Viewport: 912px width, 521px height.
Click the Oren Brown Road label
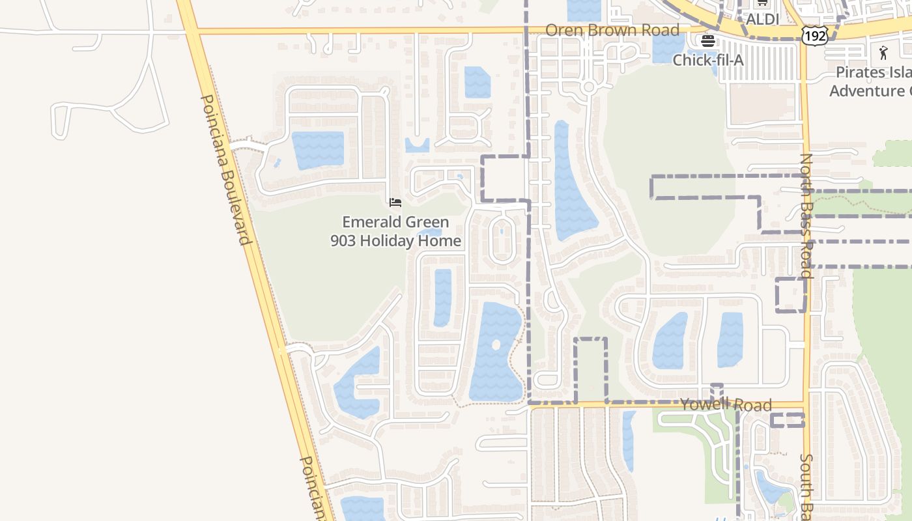tap(612, 30)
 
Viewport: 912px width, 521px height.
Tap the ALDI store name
tap(762, 20)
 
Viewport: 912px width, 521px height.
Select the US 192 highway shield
tap(815, 36)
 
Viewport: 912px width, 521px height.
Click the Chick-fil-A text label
tap(707, 60)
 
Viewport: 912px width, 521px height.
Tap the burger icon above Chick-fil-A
tap(707, 42)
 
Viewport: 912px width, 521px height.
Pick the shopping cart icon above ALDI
tap(762, 3)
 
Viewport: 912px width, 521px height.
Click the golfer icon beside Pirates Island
tap(883, 52)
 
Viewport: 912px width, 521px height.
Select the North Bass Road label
tap(807, 215)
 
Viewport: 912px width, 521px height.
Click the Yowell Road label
tap(726, 404)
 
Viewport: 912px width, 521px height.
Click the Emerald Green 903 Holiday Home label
tap(395, 231)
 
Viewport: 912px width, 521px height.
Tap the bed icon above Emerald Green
tap(395, 203)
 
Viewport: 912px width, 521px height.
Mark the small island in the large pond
tap(496, 345)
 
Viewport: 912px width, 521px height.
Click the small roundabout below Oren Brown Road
tap(589, 87)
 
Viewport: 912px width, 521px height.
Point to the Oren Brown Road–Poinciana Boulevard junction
tap(189, 31)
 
